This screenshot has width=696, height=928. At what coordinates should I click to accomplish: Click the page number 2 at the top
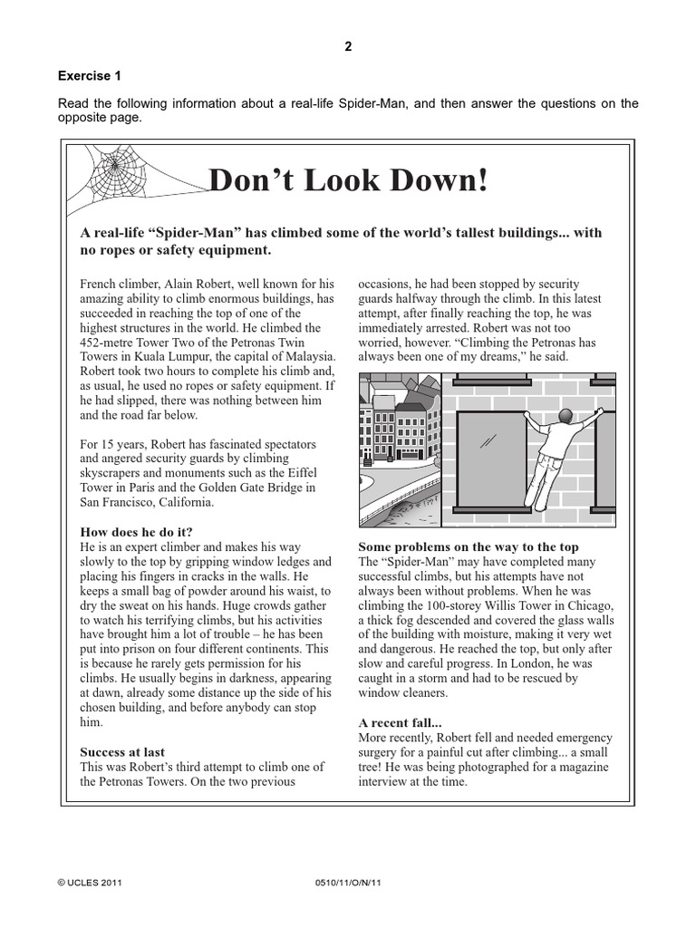pyautogui.click(x=347, y=48)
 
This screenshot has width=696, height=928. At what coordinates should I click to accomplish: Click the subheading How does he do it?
pyautogui.click(x=136, y=531)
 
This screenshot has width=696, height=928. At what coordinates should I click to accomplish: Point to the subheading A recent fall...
pyautogui.click(x=400, y=722)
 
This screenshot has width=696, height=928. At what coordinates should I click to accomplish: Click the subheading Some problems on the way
pyautogui.click(x=468, y=546)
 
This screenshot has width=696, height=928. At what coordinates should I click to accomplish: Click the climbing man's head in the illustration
pyautogui.click(x=565, y=417)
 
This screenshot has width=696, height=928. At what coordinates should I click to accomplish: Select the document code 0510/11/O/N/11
pyautogui.click(x=347, y=881)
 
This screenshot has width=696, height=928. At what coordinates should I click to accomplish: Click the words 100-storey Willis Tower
pyautogui.click(x=486, y=605)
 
